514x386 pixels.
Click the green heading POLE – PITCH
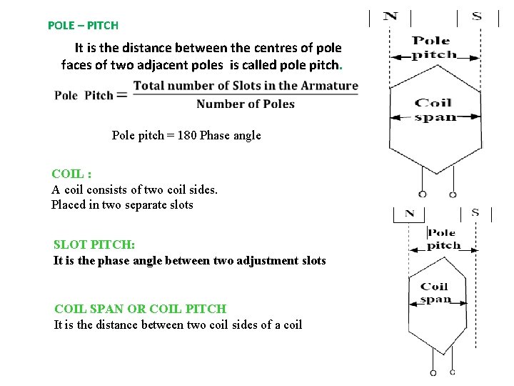[x=83, y=25]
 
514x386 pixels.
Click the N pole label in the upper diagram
[x=390, y=16]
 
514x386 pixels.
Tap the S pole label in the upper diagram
[x=477, y=16]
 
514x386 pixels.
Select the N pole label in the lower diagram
[x=409, y=213]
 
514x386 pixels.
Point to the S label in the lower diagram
[x=475, y=212]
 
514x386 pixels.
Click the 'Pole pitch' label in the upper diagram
[x=434, y=47]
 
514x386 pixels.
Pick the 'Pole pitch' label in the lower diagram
[x=443, y=239]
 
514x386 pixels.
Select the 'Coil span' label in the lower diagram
[x=434, y=293]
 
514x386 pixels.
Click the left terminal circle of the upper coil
[x=423, y=194]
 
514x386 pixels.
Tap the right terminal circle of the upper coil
[x=452, y=194]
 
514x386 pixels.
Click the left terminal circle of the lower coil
[x=433, y=372]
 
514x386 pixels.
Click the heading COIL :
[x=71, y=174]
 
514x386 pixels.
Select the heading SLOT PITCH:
[x=94, y=244]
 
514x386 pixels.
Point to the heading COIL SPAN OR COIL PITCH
[x=140, y=309]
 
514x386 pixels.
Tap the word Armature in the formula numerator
[x=329, y=86]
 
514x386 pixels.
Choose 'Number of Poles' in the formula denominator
[x=245, y=104]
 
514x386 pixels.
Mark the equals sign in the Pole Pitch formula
[x=121, y=94]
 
